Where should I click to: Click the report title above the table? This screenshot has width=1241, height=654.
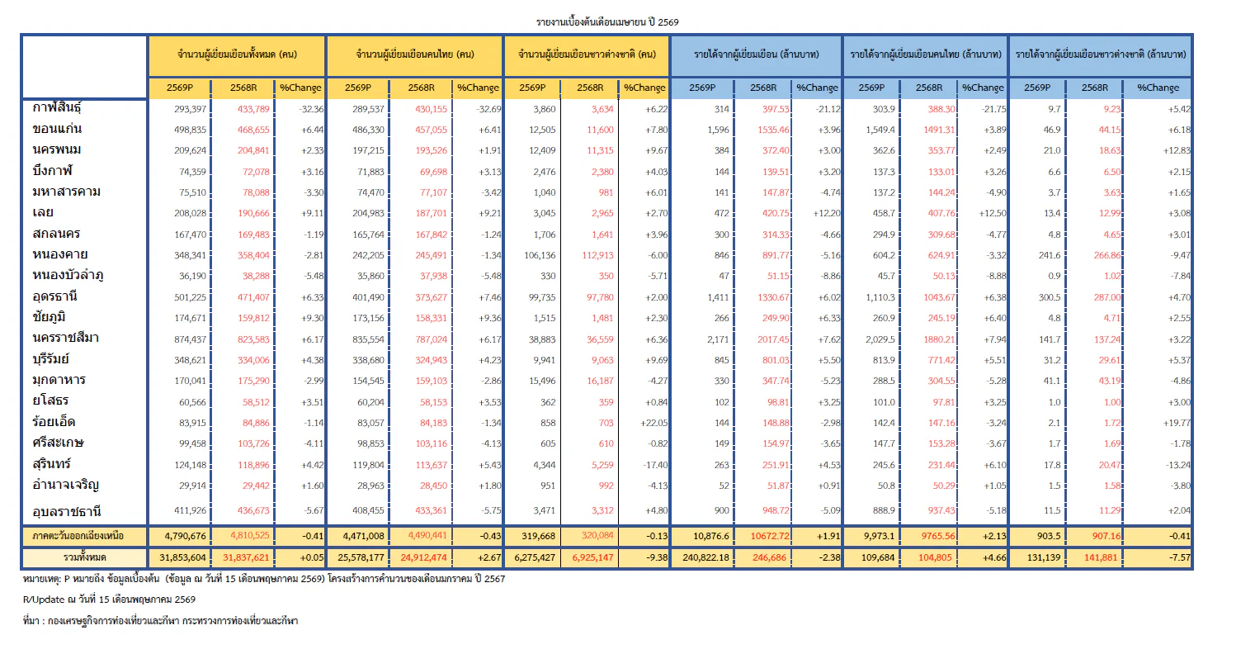[607, 22]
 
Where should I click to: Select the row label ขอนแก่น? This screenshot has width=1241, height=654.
[57, 129]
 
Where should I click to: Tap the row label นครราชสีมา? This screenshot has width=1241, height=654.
[65, 338]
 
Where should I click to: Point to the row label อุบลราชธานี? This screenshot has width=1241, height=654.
[67, 511]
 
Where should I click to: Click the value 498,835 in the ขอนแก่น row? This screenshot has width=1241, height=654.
[190, 130]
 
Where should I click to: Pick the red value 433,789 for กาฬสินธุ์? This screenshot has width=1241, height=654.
[253, 109]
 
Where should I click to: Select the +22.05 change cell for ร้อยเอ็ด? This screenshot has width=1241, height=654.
[654, 423]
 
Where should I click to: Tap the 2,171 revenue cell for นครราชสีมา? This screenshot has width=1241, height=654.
[718, 339]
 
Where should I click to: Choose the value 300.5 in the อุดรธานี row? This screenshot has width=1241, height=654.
[1050, 297]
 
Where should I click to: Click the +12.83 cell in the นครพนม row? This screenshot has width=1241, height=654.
[1176, 151]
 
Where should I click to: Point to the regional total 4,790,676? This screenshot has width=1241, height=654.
[185, 536]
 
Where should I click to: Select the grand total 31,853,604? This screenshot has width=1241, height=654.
[183, 557]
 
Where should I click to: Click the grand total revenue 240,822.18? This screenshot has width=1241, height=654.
[705, 557]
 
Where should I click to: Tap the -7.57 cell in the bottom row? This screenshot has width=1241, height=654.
[1179, 557]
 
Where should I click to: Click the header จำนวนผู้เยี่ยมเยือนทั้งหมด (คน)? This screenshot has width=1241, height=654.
[237, 54]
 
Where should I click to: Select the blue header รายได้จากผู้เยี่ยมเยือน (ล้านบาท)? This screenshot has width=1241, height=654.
[756, 54]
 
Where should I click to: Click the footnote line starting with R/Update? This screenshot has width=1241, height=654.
[109, 599]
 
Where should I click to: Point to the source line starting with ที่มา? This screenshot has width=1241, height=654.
[161, 621]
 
